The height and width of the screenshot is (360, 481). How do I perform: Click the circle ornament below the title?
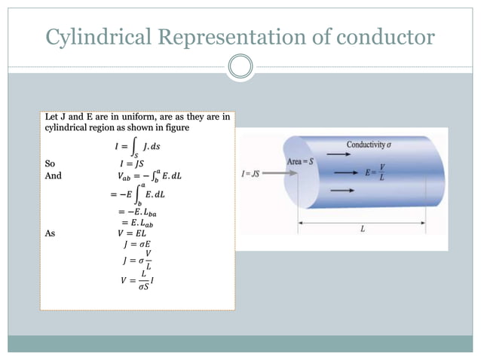click(x=240, y=67)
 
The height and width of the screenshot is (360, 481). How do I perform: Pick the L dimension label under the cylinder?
click(x=363, y=227)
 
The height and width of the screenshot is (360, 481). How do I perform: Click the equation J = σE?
click(x=135, y=244)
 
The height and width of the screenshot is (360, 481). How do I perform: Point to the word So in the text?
click(x=51, y=162)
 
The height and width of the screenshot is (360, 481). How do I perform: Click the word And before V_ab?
click(x=53, y=175)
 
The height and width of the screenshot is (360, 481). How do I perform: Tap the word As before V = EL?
click(x=51, y=233)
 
